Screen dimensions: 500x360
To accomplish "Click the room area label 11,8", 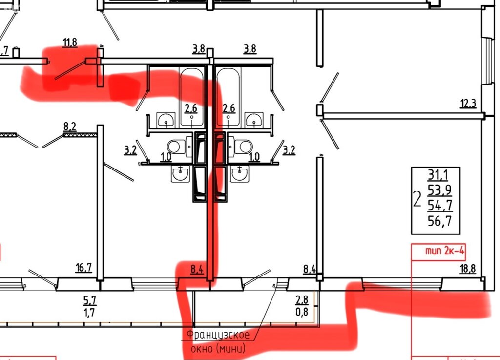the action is pos(70,42).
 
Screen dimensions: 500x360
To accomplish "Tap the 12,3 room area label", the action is pos(468,103).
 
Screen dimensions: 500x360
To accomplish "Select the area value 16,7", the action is pos(84,267).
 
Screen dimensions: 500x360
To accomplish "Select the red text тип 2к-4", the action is pos(444,252).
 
